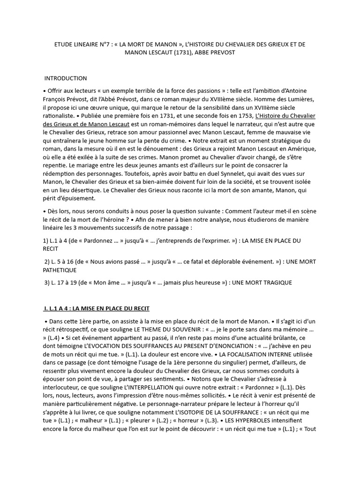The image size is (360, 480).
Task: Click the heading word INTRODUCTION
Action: (x=66, y=78)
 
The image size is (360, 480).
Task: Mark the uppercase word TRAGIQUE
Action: (x=275, y=283)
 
